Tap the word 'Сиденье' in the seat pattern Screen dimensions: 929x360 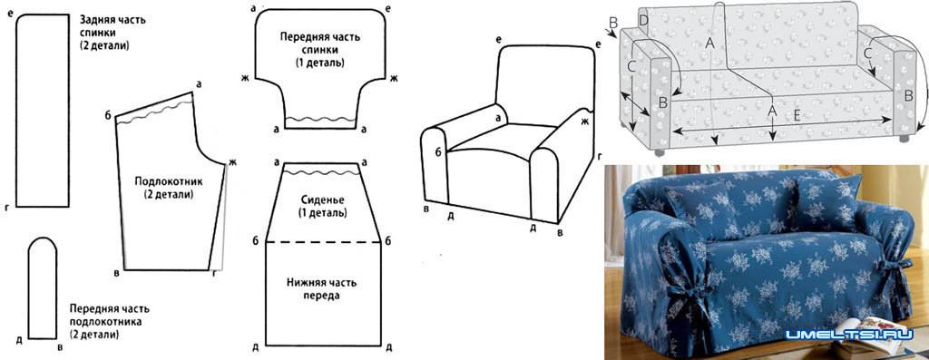coord(323,199)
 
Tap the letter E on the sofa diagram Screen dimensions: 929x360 coord(797,117)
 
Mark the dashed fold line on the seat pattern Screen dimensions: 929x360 coord(324,241)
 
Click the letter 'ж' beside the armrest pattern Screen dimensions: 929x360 coord(232,163)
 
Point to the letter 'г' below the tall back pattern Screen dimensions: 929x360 coord(7,209)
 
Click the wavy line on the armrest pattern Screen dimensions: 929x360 coord(154,112)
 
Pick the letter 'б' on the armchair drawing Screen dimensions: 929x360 coord(438,152)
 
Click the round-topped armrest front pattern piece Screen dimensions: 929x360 coord(43,288)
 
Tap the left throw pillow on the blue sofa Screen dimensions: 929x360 coord(699,210)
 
